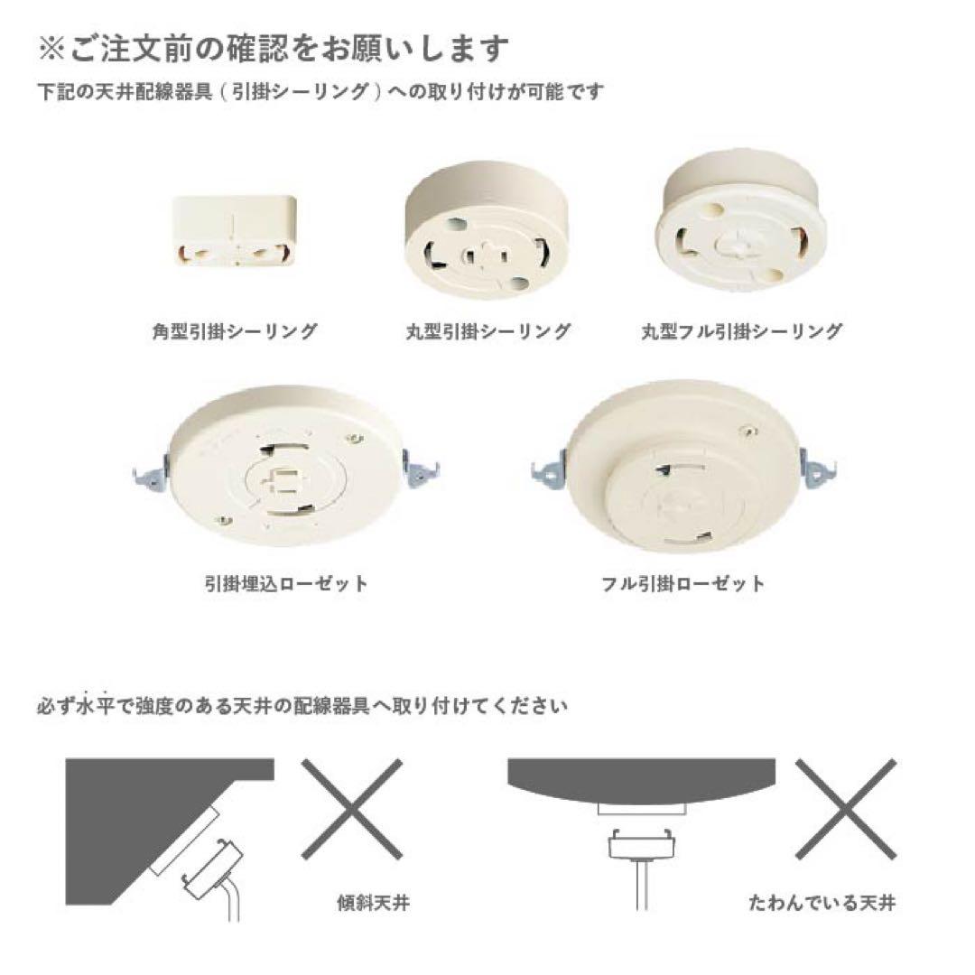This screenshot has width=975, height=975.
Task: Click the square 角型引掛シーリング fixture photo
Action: [235, 230]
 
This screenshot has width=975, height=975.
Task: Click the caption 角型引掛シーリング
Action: [235, 331]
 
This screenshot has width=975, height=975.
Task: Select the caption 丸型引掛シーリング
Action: [487, 331]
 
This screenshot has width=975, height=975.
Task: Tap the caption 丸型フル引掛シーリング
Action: [741, 331]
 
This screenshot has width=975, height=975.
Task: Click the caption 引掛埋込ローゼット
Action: [286, 583]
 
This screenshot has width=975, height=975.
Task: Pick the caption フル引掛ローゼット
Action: [682, 583]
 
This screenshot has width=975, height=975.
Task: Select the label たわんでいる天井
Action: [822, 901]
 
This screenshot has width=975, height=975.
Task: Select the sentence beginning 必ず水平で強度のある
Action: [302, 705]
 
